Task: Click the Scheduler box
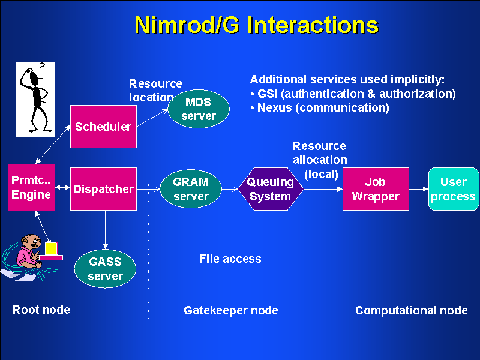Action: coord(103,127)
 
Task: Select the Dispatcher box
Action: coord(103,189)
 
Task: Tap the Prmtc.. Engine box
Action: coord(31,187)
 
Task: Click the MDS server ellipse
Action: coord(198,109)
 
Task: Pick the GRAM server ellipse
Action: coord(190,189)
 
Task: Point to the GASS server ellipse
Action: coord(105,269)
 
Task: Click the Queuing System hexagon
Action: coord(271,189)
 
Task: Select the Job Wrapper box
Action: coord(376,189)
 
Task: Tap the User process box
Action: coord(453,189)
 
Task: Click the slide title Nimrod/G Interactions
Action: coord(256,25)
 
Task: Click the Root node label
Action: coord(41,310)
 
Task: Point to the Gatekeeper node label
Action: coord(230,310)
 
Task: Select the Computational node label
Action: coord(411,310)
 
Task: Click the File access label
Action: coord(230,259)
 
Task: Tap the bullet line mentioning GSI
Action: coord(353,94)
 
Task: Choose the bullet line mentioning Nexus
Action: coord(320,108)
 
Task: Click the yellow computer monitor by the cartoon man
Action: coord(52,248)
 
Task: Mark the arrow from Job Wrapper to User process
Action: coord(419,189)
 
